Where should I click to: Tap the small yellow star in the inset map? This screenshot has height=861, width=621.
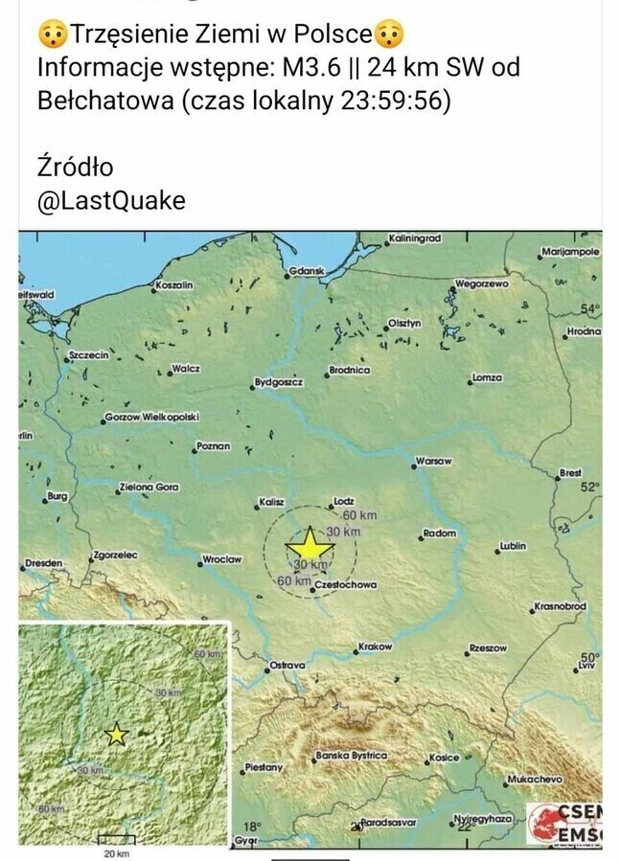(x=116, y=734)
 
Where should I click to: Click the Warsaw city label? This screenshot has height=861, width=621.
(x=434, y=462)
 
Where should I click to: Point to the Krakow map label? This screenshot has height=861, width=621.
(x=375, y=646)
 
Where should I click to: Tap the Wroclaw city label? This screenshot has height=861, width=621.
(x=222, y=559)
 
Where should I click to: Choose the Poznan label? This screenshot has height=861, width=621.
(x=213, y=445)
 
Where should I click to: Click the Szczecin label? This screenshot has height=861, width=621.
(x=90, y=354)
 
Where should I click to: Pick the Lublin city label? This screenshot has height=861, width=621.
(x=513, y=547)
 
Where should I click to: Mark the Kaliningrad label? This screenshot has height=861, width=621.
(x=414, y=238)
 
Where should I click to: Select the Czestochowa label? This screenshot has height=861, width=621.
(x=345, y=584)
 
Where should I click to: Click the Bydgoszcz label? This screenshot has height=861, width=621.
(x=279, y=382)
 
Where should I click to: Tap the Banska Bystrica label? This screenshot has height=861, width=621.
(x=352, y=756)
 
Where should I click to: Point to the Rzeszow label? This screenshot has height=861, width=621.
(x=488, y=648)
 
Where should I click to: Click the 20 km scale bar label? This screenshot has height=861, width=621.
(x=116, y=852)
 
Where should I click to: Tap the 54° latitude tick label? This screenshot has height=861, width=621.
(x=589, y=308)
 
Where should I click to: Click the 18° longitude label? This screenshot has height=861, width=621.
(x=251, y=826)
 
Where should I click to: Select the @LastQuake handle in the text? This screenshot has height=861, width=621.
(x=110, y=201)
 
